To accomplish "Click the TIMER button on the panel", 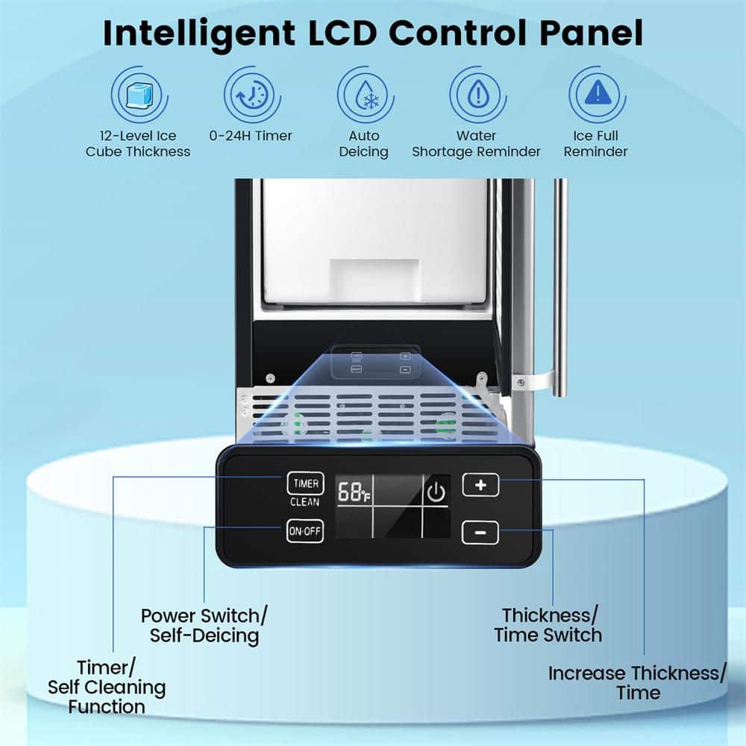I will click(305, 483).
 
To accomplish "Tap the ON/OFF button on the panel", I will click(305, 532).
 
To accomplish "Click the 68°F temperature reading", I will click(354, 493).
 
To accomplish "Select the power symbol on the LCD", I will click(436, 492).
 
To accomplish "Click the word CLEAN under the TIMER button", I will click(305, 503).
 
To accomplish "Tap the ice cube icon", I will click(137, 95).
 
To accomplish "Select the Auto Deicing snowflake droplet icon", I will click(364, 95).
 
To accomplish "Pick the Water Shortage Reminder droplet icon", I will click(476, 95).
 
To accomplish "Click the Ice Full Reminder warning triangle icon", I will click(595, 95).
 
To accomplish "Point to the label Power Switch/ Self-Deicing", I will click(204, 626).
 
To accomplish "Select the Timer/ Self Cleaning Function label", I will click(107, 687).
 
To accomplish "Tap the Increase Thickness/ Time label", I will click(637, 683).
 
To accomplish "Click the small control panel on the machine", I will click(380, 362).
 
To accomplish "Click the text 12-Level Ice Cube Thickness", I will click(137, 144).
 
